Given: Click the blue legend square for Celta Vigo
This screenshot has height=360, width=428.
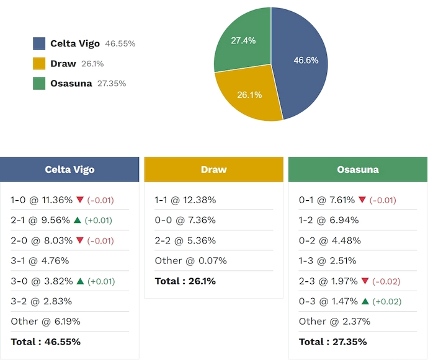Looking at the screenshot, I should [39, 43].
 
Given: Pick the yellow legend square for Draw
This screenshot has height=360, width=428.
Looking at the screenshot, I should [39, 63].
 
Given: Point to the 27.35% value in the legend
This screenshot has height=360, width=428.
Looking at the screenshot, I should [112, 84].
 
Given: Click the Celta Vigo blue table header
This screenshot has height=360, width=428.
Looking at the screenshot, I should [69, 169].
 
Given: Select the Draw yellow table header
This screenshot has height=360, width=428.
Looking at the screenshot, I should [213, 169].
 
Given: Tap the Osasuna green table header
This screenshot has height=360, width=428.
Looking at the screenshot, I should [357, 169].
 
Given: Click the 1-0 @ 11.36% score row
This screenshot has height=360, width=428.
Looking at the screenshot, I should [42, 200].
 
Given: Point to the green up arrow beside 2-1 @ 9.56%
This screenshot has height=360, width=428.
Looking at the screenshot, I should [78, 220].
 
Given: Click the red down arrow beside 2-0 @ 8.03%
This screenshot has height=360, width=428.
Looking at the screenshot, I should [79, 240].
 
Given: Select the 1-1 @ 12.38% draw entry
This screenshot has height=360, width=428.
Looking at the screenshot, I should [185, 200].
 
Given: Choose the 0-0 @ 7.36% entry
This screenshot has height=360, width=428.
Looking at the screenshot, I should [185, 220].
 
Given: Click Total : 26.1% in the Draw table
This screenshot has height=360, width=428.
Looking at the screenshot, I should [185, 281].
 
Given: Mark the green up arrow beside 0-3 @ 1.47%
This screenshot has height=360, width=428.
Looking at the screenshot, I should [365, 301].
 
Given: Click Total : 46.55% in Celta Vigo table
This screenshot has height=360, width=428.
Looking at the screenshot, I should [45, 341].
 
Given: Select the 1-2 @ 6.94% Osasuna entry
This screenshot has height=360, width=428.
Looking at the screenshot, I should [328, 220].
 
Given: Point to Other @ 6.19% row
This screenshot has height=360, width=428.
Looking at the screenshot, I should [45, 321].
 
